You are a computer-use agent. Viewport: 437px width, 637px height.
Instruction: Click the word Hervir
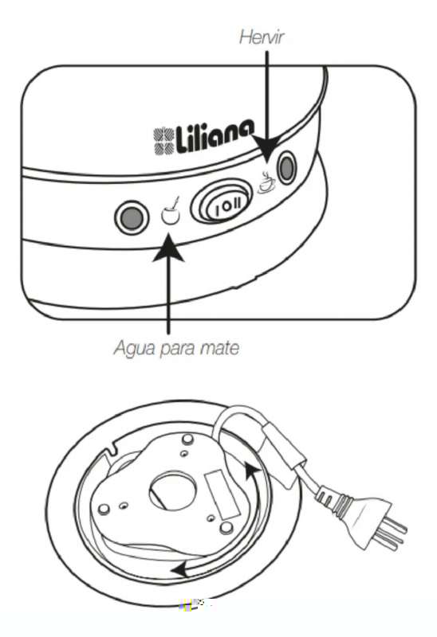point(261,37)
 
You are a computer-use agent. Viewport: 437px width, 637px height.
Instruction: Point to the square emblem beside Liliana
point(163,141)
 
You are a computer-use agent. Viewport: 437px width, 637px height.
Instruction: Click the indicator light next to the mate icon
point(132,217)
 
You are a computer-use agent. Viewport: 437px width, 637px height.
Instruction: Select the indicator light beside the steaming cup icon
point(286,166)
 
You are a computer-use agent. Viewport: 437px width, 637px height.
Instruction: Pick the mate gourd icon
point(171,212)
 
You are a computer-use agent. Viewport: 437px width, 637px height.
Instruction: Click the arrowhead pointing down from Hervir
point(267,149)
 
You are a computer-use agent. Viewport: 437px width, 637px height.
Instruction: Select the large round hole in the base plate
point(172,491)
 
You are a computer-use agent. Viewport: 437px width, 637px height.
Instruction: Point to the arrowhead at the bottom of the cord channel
point(181,569)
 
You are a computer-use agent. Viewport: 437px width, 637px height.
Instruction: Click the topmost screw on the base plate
point(187,440)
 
